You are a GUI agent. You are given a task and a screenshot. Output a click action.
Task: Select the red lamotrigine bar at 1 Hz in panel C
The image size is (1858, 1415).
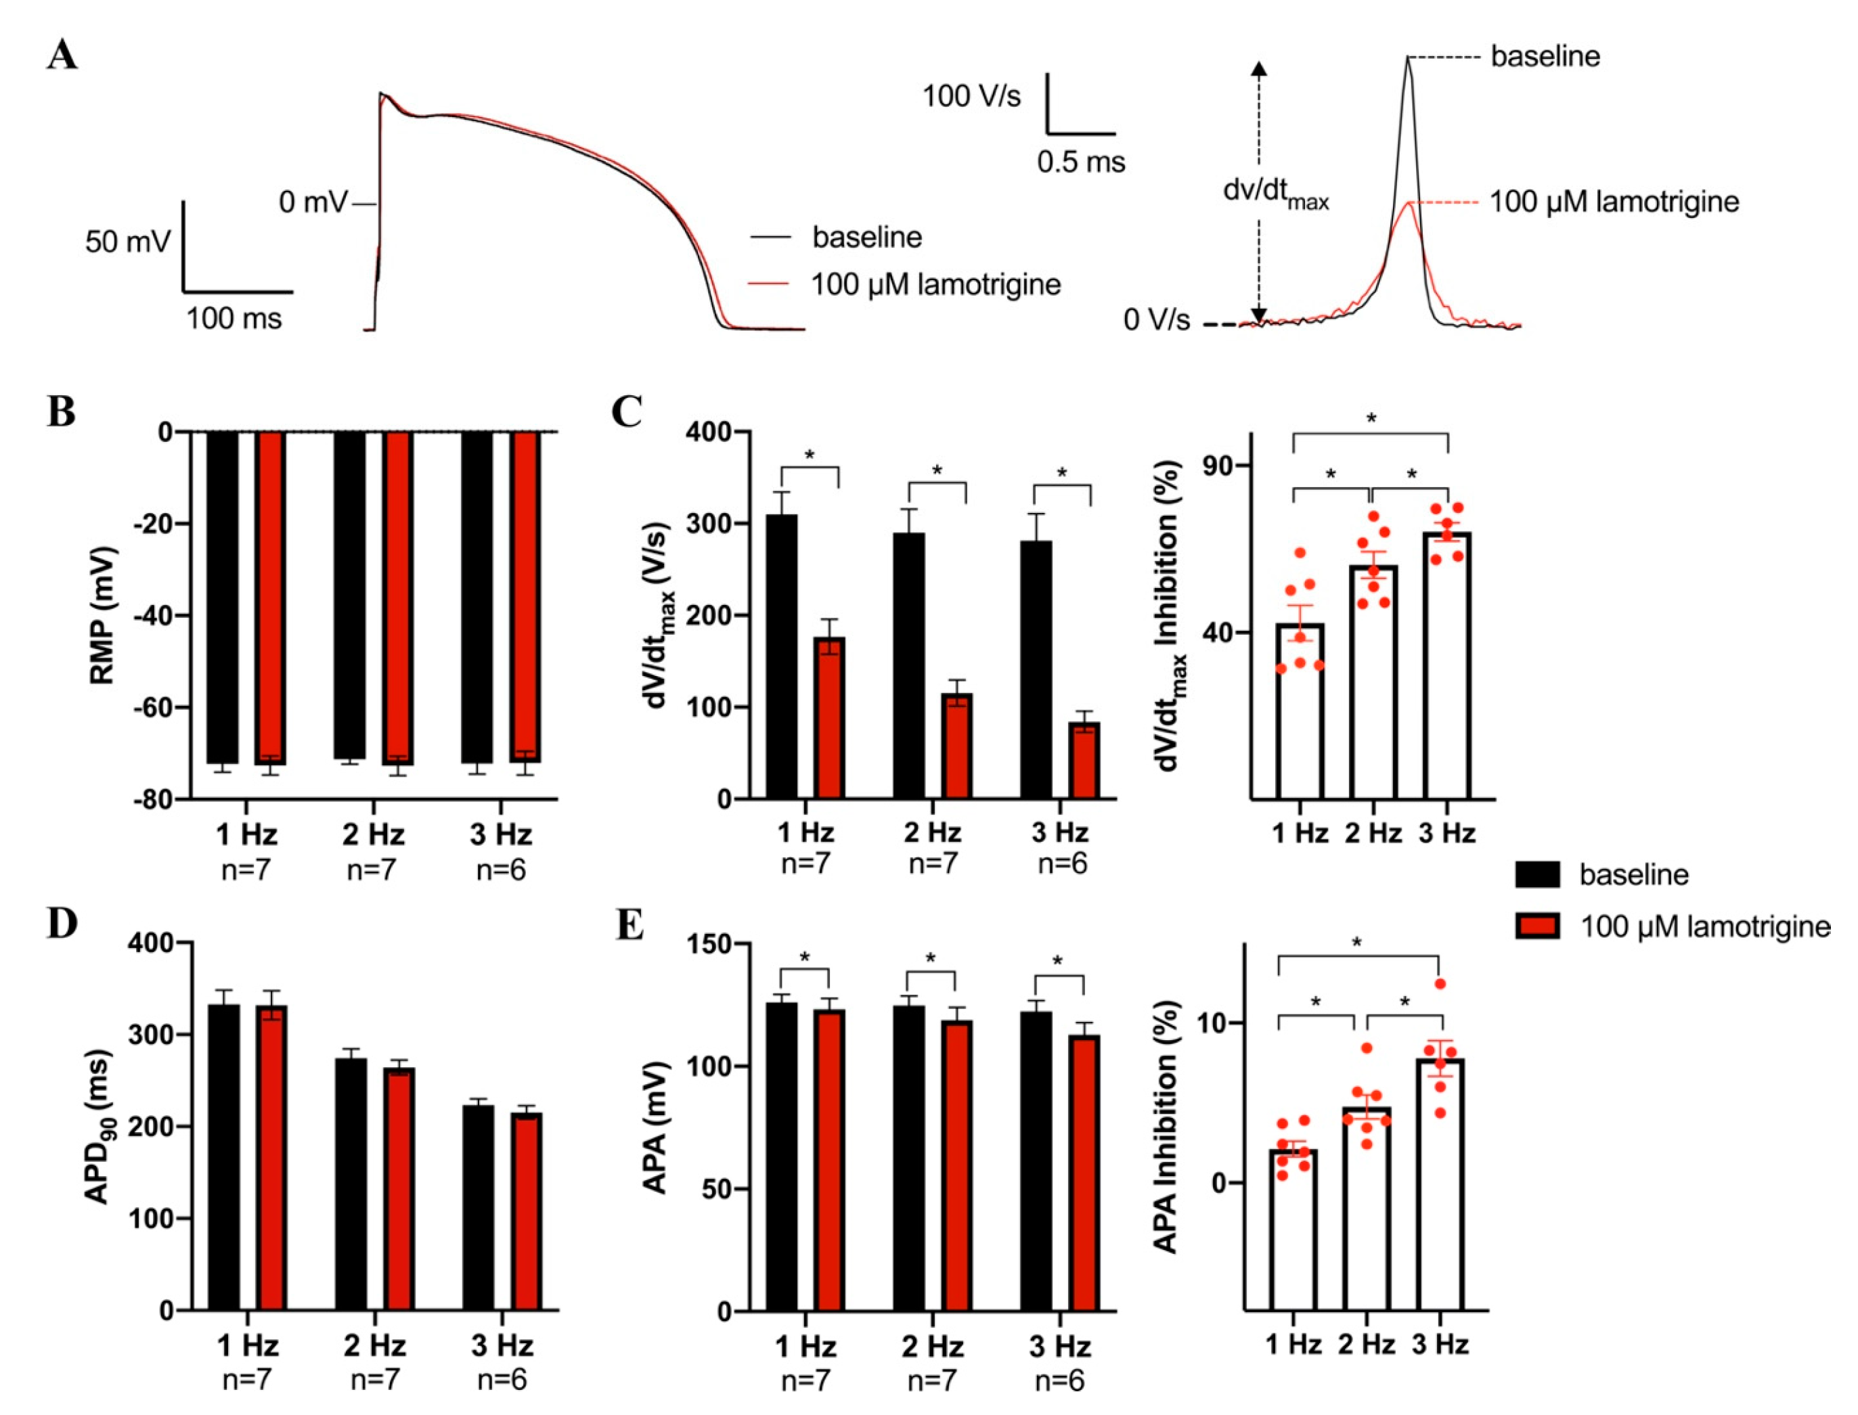coord(831,717)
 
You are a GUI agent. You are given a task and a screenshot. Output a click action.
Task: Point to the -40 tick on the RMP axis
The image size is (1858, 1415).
coord(152,616)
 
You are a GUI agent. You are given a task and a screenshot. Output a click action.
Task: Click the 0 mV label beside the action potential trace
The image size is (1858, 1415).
coord(313,203)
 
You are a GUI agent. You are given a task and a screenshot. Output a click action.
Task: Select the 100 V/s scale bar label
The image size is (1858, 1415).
coord(971,97)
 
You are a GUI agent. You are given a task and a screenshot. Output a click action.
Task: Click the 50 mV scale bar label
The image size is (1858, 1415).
coord(128,242)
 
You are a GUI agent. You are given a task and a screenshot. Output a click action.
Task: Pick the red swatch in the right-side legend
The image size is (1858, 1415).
coord(1537,926)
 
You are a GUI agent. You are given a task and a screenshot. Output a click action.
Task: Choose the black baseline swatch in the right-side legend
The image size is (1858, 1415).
coord(1537,874)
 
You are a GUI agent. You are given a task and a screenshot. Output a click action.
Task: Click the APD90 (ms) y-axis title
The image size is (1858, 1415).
coord(101,1126)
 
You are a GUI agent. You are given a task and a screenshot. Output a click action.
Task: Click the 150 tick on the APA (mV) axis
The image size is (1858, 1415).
coord(711,944)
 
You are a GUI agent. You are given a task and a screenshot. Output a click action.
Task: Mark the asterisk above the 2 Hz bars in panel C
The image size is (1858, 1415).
coord(937,470)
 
